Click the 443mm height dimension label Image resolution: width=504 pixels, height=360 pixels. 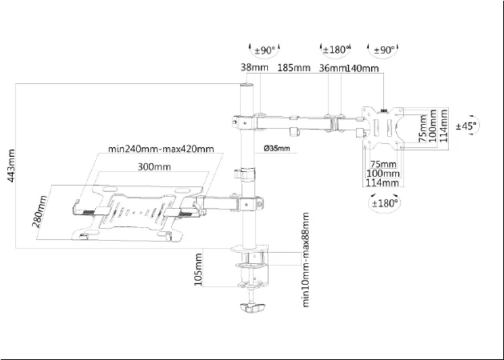tap(10, 166)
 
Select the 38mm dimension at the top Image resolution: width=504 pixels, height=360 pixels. tap(254, 69)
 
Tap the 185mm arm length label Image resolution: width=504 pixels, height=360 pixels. tap(294, 69)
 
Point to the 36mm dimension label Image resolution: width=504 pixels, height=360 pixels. tap(332, 69)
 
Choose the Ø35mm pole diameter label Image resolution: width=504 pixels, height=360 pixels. tap(276, 148)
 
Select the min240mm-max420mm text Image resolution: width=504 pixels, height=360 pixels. tap(161, 149)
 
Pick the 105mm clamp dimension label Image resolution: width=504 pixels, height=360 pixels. tap(199, 270)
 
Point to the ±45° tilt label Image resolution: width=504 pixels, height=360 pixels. tap(467, 126)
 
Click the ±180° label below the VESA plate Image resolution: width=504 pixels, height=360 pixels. tap(383, 203)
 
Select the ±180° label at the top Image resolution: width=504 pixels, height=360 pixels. tap(337, 50)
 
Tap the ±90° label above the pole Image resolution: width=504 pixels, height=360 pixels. tap(263, 50)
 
